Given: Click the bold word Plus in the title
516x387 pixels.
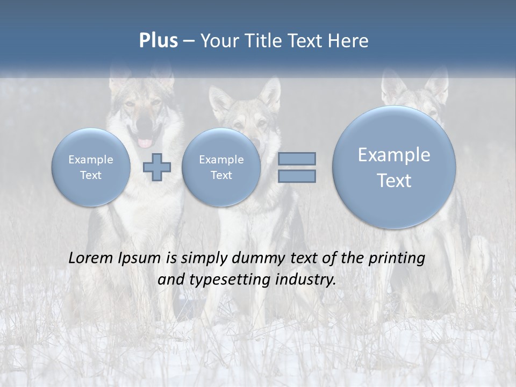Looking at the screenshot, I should (158, 41).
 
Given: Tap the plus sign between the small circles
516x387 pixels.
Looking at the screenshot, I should (157, 167).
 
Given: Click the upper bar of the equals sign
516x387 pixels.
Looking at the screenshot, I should (296, 159).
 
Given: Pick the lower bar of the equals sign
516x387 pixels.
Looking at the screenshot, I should (296, 176).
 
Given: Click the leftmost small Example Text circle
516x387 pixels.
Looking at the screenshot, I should (91, 167).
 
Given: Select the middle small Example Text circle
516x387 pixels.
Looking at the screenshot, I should (221, 167).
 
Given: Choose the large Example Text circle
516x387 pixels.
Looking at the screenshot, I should (394, 167).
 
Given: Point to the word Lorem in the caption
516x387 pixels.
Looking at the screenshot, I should (91, 258).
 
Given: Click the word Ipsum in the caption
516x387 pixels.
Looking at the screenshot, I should (140, 259).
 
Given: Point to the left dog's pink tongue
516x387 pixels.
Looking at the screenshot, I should (145, 143).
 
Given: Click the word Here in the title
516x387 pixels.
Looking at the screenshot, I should (349, 41).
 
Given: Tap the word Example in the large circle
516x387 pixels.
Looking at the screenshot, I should (394, 155).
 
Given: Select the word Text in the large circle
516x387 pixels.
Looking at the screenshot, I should (394, 181).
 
